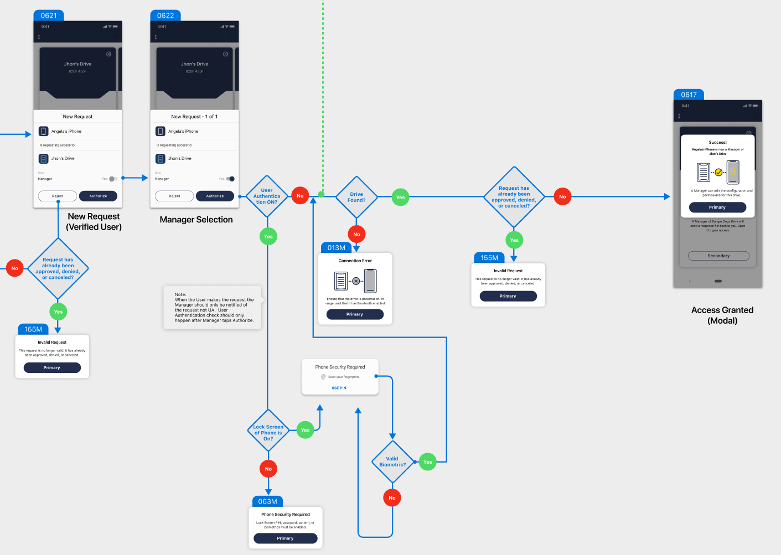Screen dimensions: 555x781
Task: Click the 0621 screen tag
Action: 49,15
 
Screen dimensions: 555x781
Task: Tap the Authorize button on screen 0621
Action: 98,196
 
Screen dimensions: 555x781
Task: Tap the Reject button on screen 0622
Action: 174,196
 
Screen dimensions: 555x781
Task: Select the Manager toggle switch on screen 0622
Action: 230,179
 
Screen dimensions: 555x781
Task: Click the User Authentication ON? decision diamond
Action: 267,196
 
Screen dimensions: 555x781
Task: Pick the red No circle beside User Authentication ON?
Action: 300,196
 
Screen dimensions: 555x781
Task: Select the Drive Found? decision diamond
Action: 356,197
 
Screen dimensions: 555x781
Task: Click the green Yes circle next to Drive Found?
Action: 400,197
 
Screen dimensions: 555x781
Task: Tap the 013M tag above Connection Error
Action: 336,248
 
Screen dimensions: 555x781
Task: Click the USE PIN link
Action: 339,388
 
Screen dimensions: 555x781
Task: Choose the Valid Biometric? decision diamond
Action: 392,461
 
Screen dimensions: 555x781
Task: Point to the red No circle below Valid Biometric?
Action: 392,498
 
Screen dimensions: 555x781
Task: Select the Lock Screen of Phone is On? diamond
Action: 268,430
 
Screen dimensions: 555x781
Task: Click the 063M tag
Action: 267,501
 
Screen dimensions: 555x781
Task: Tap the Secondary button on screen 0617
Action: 718,256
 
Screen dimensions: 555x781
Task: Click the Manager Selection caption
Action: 196,220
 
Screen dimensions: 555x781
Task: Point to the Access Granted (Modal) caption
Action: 722,315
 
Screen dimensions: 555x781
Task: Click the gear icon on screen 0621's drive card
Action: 108,54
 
